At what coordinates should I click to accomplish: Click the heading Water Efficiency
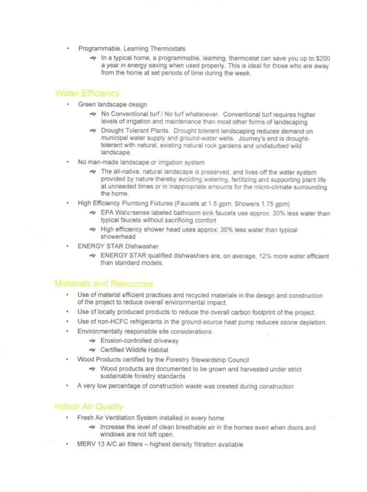pos(87,93)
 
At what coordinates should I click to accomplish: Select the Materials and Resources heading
pos(104,284)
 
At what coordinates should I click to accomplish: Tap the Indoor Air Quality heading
pos(89,406)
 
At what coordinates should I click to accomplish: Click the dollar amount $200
pos(323,58)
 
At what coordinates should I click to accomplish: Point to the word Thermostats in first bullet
pos(168,49)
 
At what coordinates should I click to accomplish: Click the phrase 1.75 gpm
pos(275,203)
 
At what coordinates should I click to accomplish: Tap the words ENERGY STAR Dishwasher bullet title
pos(118,246)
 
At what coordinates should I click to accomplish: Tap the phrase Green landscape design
pos(112,104)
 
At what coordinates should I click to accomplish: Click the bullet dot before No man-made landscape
pos(68,162)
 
